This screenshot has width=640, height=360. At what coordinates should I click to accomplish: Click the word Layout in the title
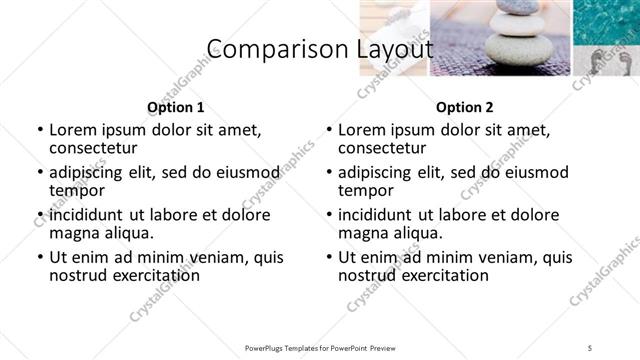(x=394, y=50)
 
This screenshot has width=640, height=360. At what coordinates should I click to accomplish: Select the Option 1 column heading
(x=176, y=107)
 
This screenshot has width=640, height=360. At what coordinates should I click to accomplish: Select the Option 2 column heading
(x=464, y=107)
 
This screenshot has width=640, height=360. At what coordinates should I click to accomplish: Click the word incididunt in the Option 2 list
(x=383, y=215)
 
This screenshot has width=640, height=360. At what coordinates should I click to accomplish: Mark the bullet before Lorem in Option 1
(x=39, y=130)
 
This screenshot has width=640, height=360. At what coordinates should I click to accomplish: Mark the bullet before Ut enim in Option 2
(x=328, y=257)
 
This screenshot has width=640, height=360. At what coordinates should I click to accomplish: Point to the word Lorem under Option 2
(x=362, y=130)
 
